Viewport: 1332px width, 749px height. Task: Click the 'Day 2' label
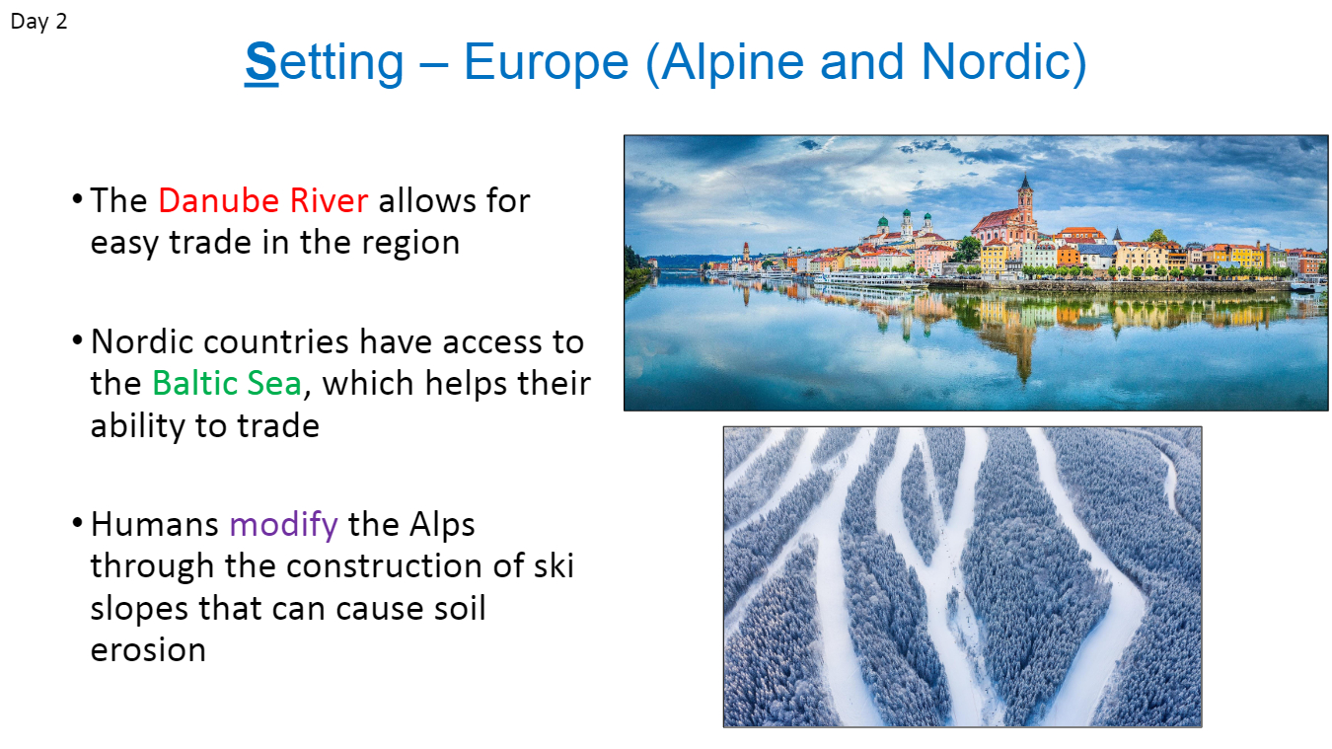point(38,22)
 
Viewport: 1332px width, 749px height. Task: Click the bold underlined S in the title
point(261,62)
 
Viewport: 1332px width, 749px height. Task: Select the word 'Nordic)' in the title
point(1004,63)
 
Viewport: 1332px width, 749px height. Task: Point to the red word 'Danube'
point(218,200)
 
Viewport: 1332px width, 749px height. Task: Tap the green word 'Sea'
point(274,383)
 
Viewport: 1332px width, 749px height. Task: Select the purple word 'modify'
point(283,526)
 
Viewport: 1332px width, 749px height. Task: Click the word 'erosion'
point(148,649)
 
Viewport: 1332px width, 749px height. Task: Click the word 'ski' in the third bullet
point(554,565)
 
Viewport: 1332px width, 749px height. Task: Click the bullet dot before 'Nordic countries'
point(77,340)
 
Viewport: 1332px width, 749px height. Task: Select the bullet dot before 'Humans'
point(77,524)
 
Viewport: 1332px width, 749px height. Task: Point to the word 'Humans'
point(155,524)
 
